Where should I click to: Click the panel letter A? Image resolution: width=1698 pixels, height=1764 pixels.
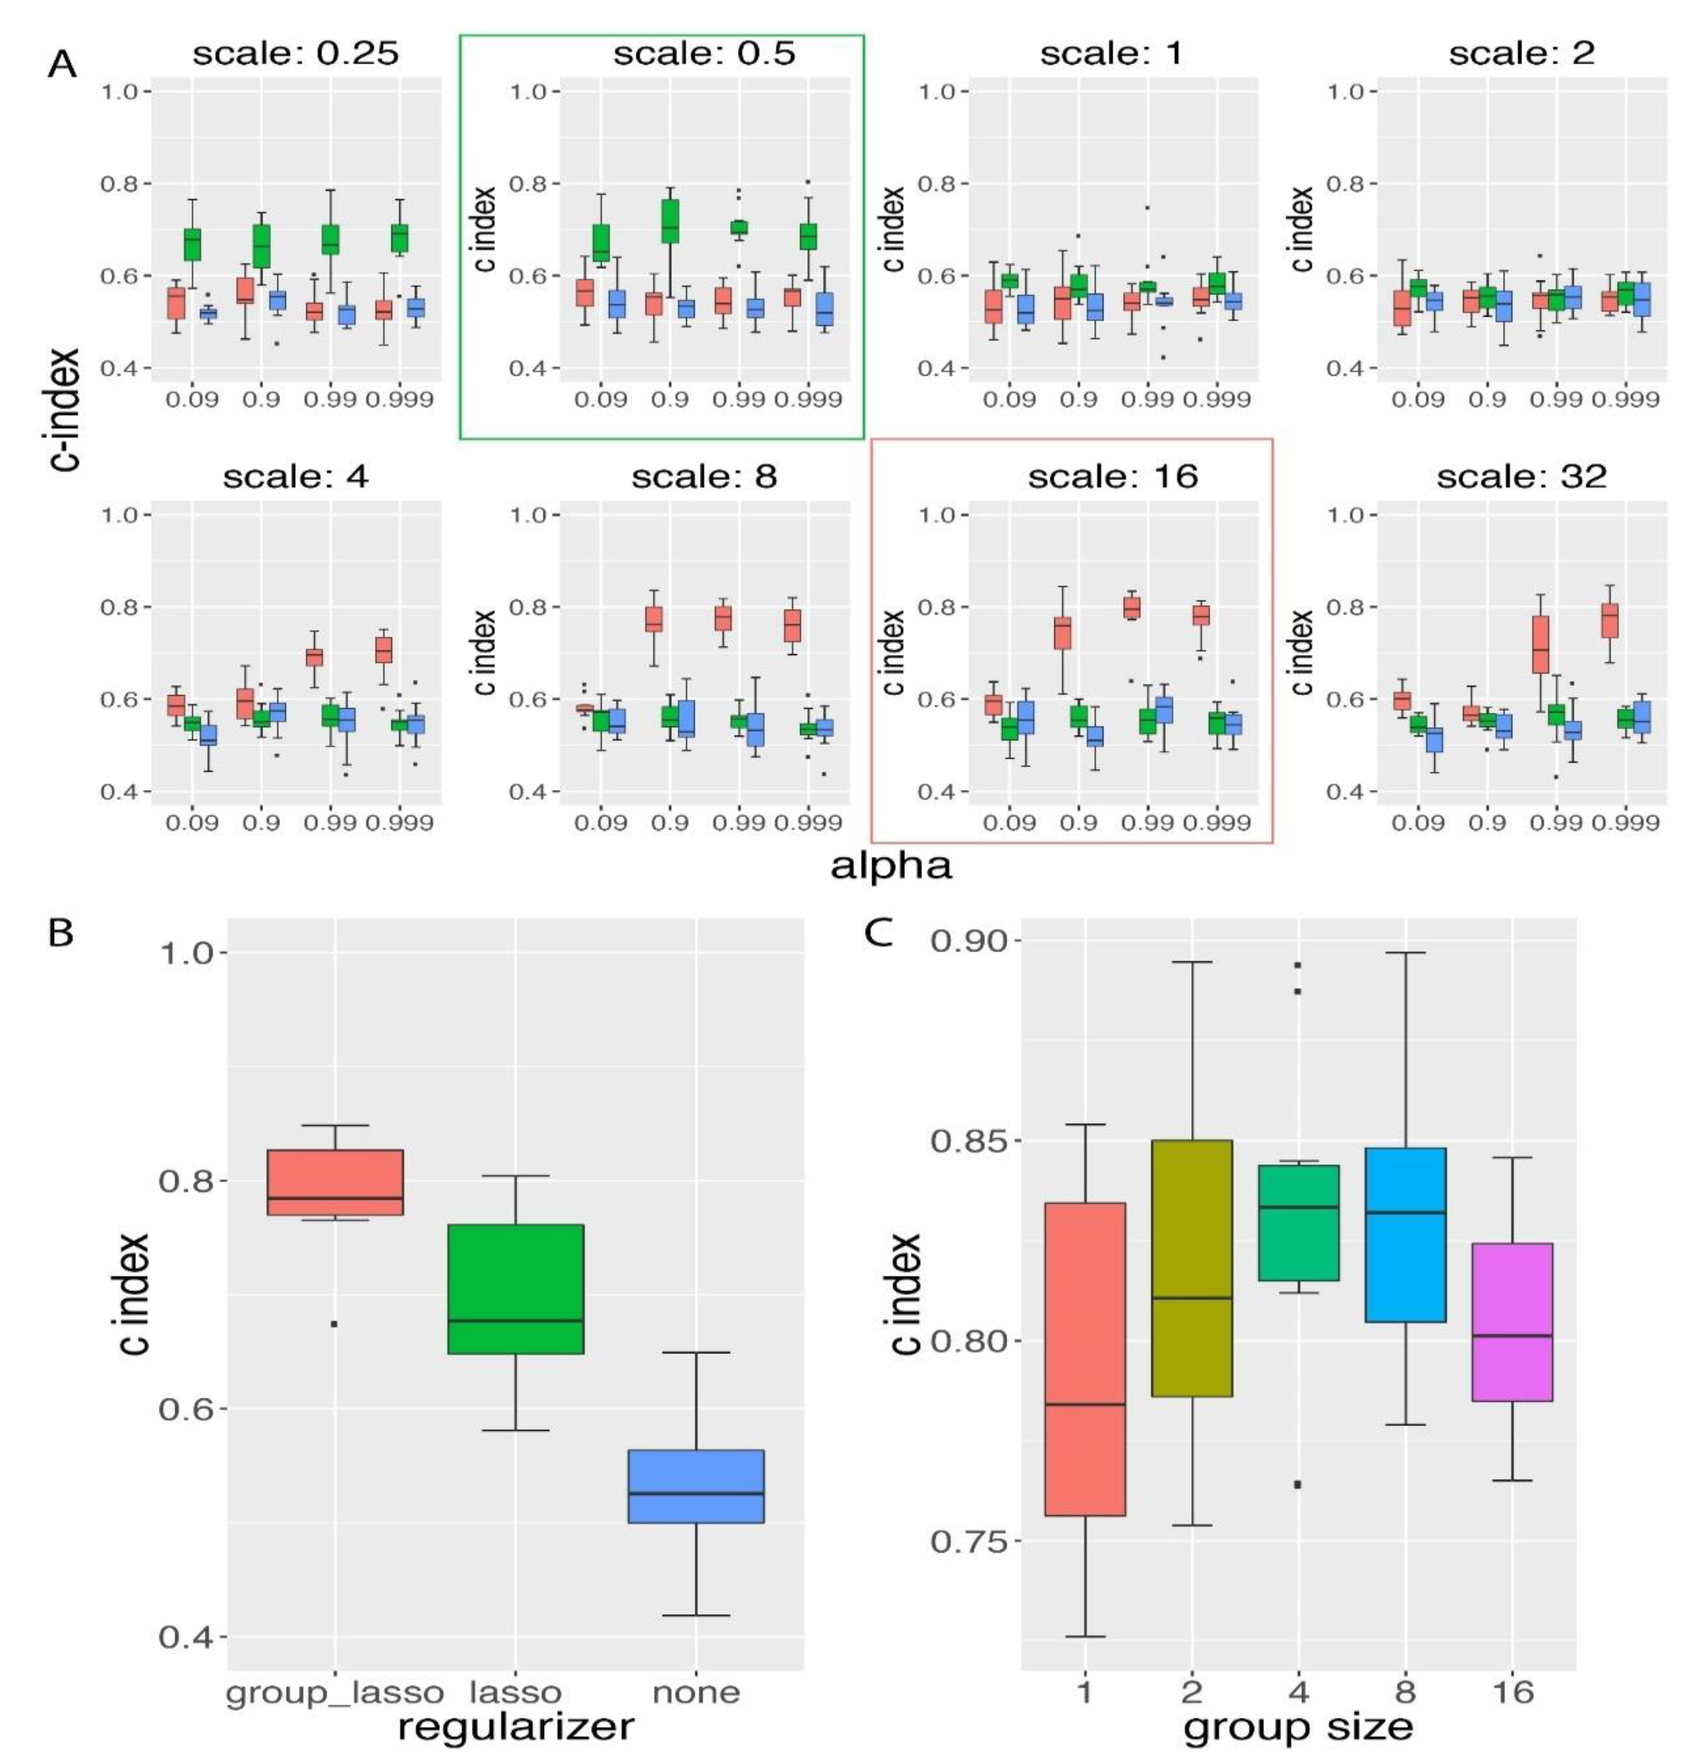(61, 65)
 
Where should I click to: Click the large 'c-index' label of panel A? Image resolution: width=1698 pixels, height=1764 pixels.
(65, 409)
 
